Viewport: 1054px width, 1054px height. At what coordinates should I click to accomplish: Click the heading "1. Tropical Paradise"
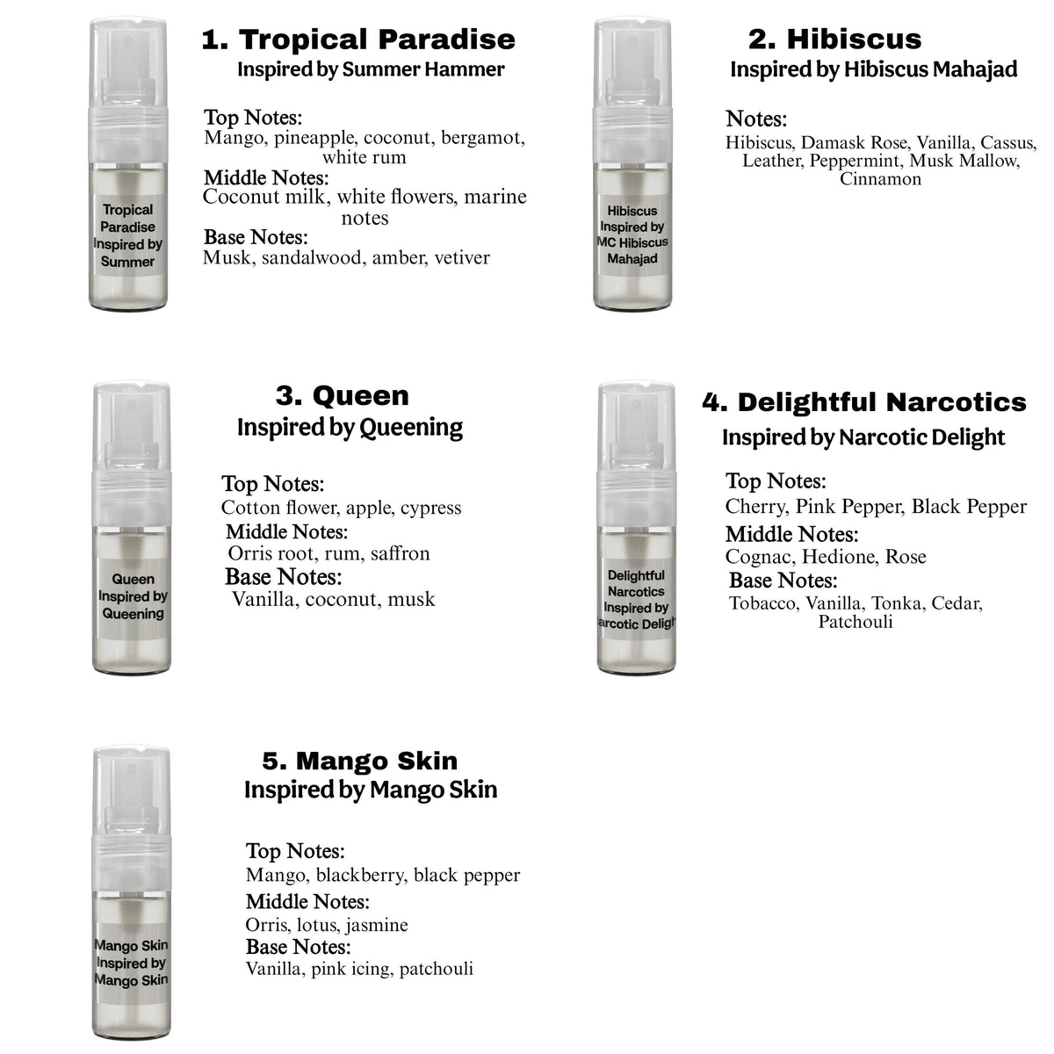tap(358, 40)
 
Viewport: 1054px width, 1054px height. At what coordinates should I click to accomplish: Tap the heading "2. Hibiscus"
tap(834, 40)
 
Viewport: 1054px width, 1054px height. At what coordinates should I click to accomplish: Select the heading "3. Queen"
tap(343, 395)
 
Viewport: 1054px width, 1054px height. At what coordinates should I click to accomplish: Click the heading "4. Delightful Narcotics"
tap(864, 402)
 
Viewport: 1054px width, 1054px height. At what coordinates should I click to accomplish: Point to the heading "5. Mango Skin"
tap(360, 761)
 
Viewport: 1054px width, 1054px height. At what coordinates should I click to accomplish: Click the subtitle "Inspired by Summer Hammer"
tap(371, 70)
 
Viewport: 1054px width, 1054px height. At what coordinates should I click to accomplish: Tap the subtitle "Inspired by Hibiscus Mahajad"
tap(873, 70)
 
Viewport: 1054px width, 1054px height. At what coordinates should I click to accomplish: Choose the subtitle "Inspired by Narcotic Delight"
tap(863, 437)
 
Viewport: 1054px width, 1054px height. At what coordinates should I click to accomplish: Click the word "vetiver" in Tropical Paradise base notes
tap(462, 257)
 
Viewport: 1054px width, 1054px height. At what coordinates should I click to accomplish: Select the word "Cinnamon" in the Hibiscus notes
tap(881, 179)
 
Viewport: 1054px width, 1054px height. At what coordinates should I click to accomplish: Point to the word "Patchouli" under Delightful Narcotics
tap(855, 622)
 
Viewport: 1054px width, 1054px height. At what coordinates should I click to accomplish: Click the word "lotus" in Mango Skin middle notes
tap(318, 925)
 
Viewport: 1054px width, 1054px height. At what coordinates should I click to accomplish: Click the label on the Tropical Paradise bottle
tap(128, 235)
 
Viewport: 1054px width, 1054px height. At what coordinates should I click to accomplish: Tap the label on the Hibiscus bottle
tap(632, 235)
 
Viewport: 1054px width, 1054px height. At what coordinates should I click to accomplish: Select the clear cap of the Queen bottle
tap(132, 428)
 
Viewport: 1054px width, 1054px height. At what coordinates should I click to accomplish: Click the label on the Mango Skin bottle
tap(131, 962)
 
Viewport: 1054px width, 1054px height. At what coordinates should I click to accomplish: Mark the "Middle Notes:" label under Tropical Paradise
tap(266, 177)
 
